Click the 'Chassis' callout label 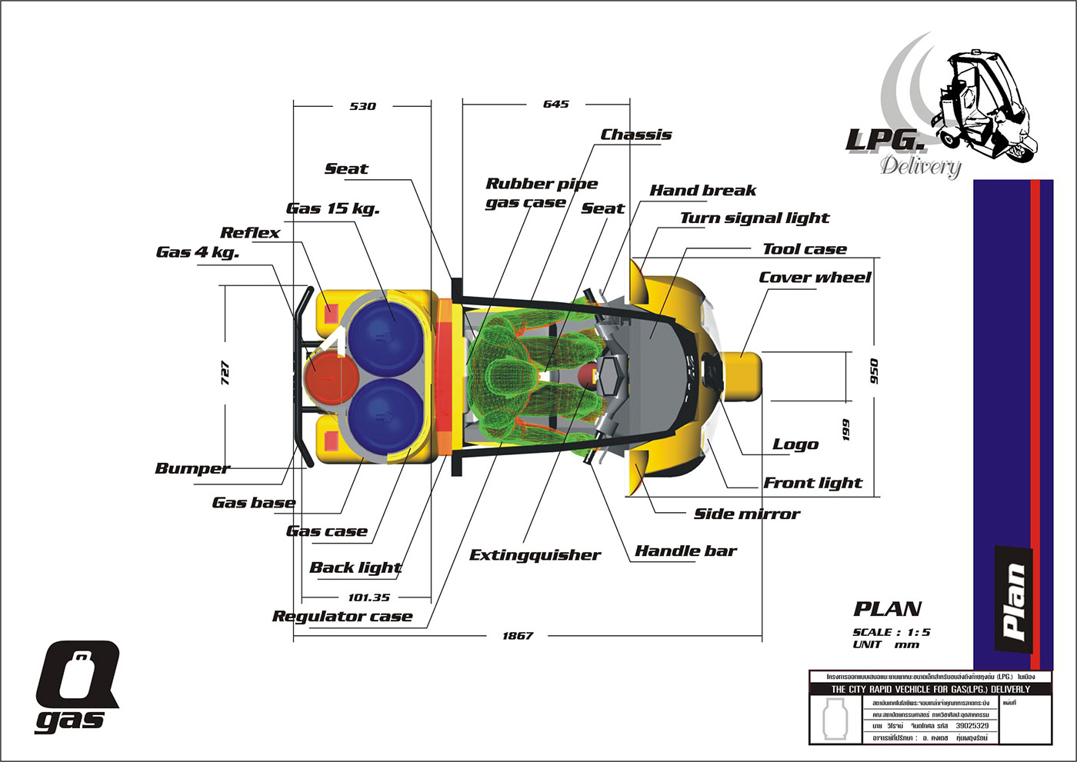(636, 135)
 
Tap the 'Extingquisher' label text (535, 555)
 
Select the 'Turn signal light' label (755, 218)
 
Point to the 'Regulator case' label (342, 617)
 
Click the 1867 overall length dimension (518, 636)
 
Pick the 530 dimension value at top (363, 106)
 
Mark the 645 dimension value (555, 104)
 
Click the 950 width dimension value (874, 372)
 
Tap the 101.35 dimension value (369, 597)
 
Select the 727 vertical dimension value (225, 373)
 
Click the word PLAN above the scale (887, 609)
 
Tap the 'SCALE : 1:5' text (891, 632)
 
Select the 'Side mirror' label (747, 514)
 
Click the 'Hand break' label (702, 191)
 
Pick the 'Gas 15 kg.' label (333, 208)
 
